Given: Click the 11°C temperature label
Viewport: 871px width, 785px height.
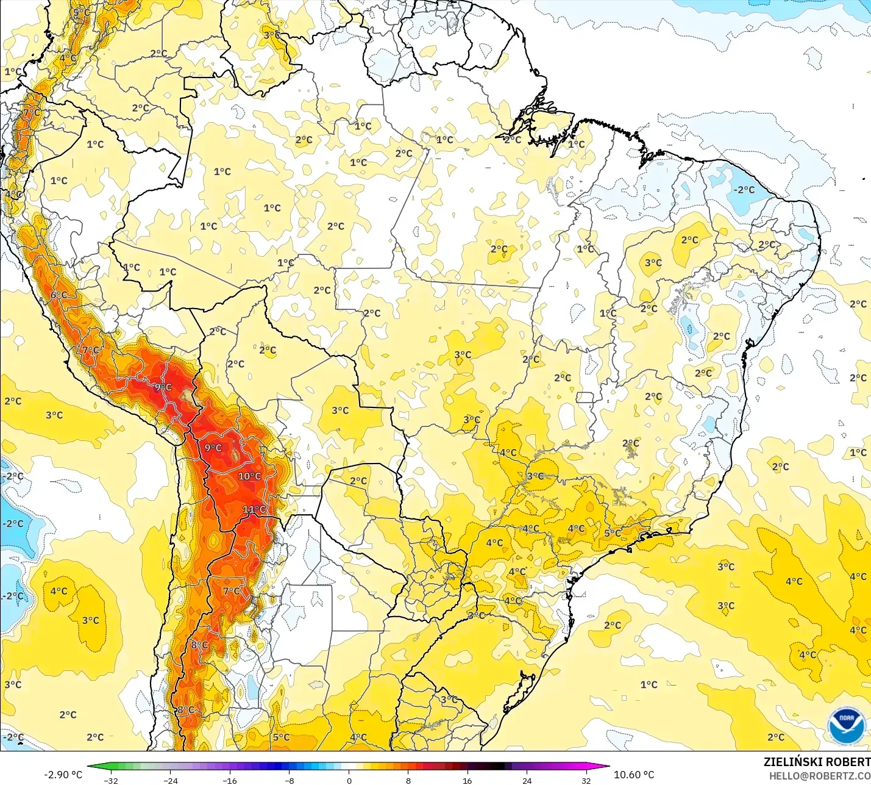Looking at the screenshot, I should (x=254, y=509).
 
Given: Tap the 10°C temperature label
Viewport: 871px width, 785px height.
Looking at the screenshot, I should (x=249, y=476).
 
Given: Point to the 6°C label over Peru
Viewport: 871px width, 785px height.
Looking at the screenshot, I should (x=59, y=295).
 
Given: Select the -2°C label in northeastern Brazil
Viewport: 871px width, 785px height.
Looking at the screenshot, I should (x=744, y=190).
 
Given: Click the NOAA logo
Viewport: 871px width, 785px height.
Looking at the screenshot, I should (x=846, y=726).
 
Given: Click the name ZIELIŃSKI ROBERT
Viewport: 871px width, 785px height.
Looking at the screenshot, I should (x=817, y=762).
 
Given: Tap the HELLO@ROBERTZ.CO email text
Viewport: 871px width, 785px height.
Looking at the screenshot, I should (x=819, y=776).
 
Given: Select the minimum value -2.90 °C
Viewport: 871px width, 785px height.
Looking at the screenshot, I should (x=63, y=775).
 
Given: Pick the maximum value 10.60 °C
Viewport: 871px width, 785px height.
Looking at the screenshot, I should (x=634, y=775).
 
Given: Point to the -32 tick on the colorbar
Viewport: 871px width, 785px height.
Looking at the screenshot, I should (x=111, y=780).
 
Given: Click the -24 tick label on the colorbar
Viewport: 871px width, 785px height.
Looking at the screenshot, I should (x=171, y=780).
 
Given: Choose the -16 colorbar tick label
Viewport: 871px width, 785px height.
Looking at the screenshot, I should (x=229, y=780).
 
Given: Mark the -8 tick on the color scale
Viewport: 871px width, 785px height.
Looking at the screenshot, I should (x=290, y=780).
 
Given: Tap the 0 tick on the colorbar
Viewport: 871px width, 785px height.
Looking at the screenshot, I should (x=349, y=780).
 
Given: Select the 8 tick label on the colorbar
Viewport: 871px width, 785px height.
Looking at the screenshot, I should (x=408, y=780).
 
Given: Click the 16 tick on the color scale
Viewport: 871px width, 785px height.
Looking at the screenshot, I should (x=467, y=780).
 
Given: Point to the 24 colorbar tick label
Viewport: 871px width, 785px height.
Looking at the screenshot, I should (x=527, y=780).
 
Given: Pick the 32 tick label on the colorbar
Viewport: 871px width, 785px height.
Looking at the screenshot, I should (x=586, y=780).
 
